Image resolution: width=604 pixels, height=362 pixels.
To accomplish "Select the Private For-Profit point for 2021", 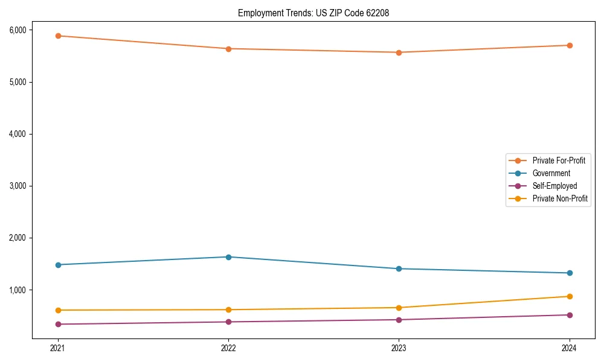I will [x=58, y=36].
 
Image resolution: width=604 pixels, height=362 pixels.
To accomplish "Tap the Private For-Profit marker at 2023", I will [x=399, y=52].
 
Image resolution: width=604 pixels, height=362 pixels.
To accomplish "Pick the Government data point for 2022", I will [x=228, y=257].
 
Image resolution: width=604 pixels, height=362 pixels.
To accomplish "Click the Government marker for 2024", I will [x=570, y=273].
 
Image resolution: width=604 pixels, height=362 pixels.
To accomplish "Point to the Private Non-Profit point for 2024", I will [x=570, y=296].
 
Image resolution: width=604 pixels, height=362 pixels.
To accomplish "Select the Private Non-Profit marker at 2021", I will [x=58, y=310].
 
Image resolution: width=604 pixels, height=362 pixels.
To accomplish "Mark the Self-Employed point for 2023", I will [x=399, y=320].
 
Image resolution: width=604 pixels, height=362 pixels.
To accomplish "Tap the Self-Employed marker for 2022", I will [x=228, y=322].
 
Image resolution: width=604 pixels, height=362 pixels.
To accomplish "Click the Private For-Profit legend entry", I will [x=559, y=160].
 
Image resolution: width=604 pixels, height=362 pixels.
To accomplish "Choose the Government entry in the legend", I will [x=551, y=173].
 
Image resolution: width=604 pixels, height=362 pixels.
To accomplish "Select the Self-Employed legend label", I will [x=554, y=186].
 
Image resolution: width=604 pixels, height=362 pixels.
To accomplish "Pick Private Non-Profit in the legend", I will [x=560, y=198].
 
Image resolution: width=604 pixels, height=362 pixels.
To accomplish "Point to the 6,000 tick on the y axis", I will [x=17, y=30].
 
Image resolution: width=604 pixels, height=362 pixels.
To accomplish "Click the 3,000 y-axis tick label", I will [x=17, y=186].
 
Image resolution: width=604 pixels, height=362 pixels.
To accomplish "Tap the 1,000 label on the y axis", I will [x=17, y=290].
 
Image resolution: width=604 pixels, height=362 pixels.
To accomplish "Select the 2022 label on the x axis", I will [x=228, y=348].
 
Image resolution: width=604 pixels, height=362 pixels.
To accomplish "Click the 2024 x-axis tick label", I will [x=570, y=348].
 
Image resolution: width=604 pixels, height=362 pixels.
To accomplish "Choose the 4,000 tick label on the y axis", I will [x=17, y=134].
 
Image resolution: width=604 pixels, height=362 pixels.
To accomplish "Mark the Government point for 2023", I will [x=399, y=268].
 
